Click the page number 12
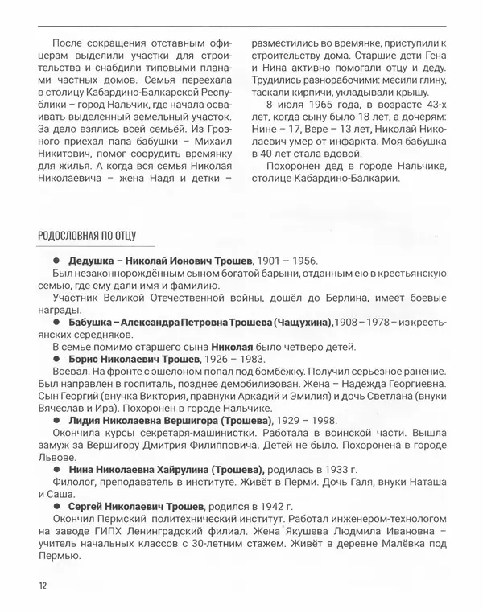tap(43, 585)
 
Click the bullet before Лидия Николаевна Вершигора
tap(57, 419)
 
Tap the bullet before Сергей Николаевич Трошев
tap(57, 508)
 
